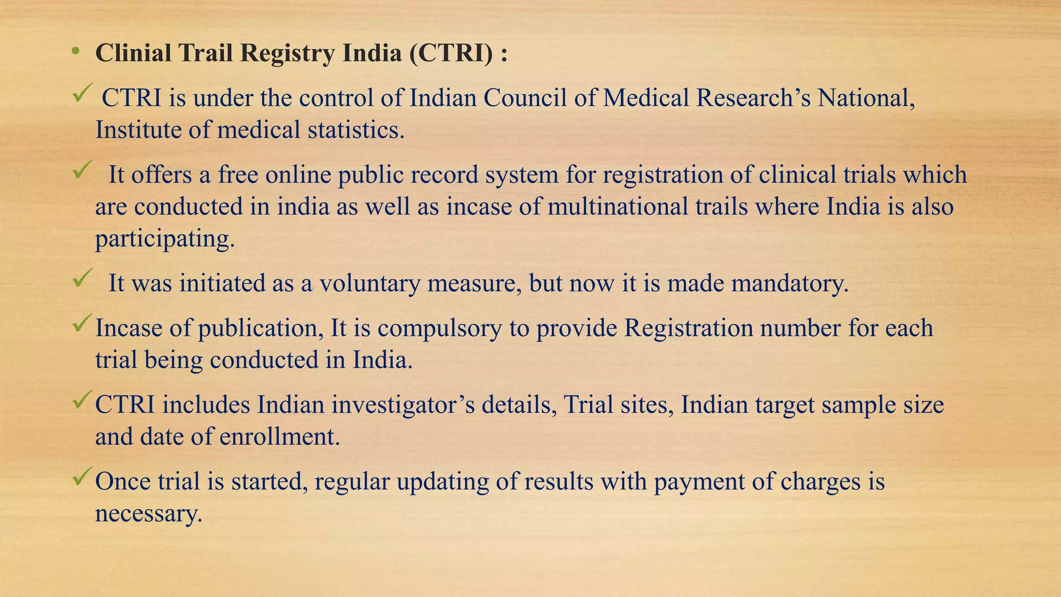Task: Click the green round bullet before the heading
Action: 76,51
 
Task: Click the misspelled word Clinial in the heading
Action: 133,53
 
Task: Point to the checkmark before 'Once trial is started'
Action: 82,476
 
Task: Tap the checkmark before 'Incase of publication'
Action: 82,323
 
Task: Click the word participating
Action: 165,239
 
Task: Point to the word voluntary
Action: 369,284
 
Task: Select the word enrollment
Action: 280,437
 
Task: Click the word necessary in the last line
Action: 148,514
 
